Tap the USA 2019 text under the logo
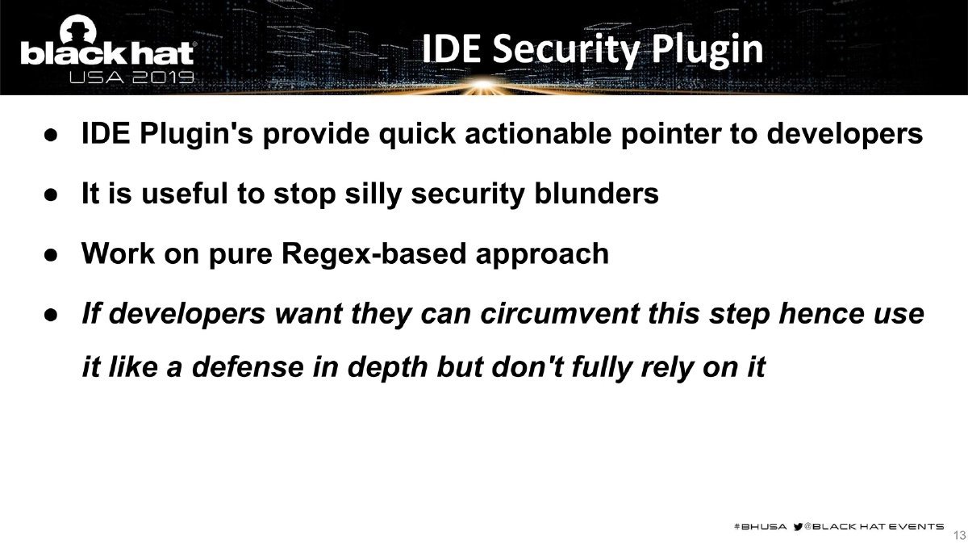pyautogui.click(x=131, y=78)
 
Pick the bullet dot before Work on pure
pyautogui.click(x=49, y=254)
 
